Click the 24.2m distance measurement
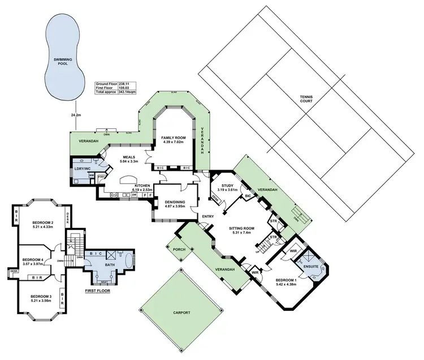[75, 115]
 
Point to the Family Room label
[173, 138]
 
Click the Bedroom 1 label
[286, 280]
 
